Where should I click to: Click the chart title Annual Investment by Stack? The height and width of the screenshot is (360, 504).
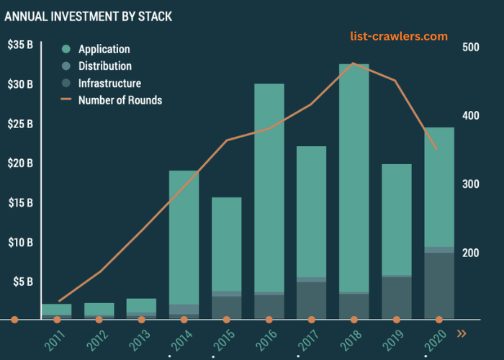click(x=89, y=15)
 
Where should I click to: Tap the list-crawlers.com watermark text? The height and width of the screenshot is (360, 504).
click(x=398, y=36)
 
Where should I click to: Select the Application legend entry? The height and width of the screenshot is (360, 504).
click(x=104, y=49)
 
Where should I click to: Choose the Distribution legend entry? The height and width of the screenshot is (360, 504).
click(x=104, y=66)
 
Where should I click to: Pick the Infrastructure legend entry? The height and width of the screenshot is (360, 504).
click(x=109, y=84)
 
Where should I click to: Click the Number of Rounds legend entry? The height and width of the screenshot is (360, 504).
click(x=120, y=100)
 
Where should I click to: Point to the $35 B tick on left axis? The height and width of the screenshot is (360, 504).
click(x=19, y=45)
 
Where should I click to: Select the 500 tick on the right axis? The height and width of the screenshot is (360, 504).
click(x=470, y=48)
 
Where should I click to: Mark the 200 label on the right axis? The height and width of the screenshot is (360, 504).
click(x=470, y=253)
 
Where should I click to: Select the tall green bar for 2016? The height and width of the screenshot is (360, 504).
click(x=269, y=187)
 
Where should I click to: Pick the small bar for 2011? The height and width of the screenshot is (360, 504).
click(x=57, y=310)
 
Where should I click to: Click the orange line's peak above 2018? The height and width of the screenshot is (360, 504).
click(x=353, y=63)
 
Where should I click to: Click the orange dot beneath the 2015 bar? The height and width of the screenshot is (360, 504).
click(x=226, y=319)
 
